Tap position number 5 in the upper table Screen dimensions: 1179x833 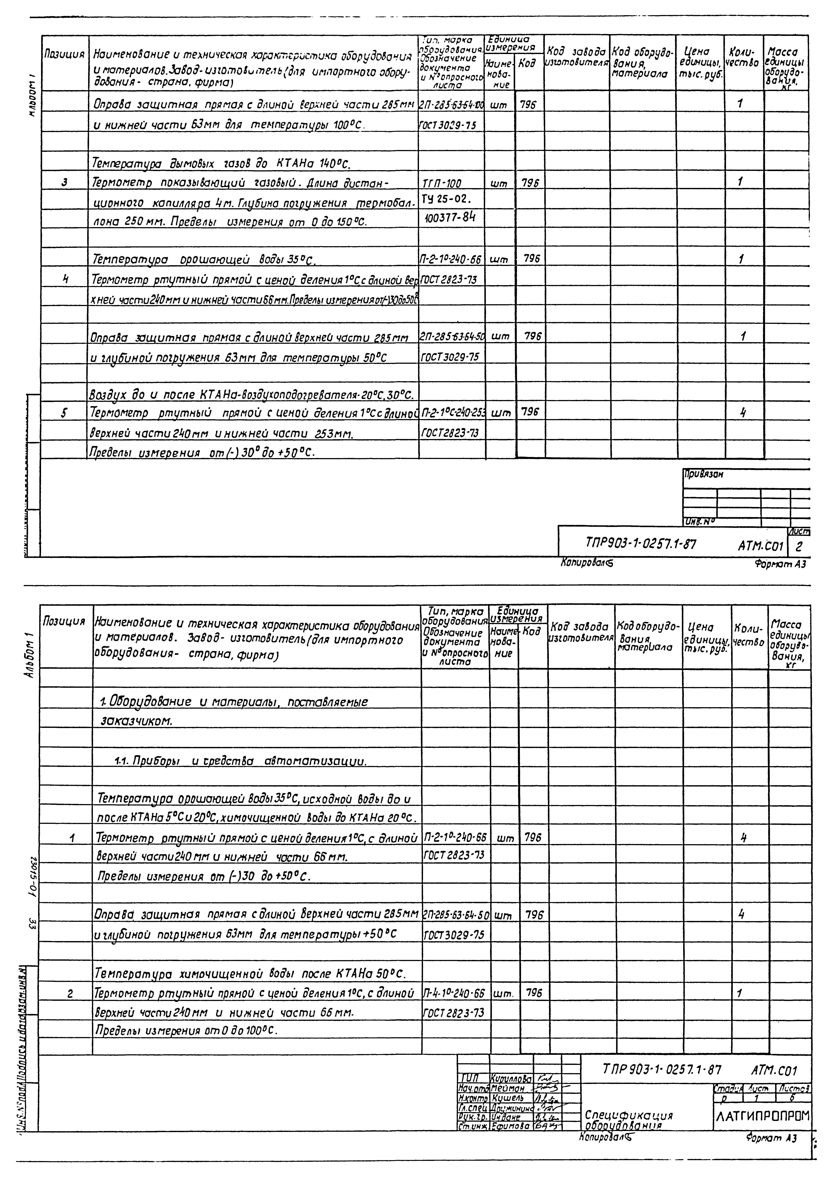(64, 412)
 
